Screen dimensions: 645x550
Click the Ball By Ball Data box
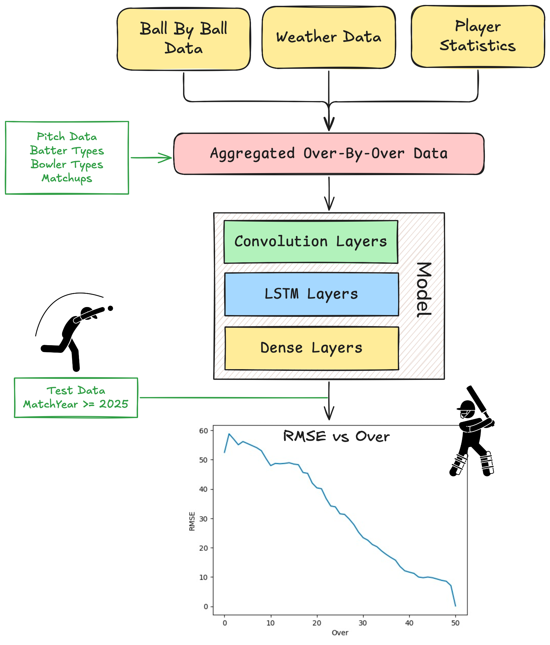tap(183, 39)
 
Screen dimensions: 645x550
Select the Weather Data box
tap(328, 37)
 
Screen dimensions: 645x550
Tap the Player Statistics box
tap(477, 36)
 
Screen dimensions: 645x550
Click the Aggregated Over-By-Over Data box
tap(328, 154)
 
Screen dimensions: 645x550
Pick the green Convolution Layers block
tap(310, 242)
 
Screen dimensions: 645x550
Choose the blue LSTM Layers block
tap(311, 294)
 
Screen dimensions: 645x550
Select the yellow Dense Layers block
tap(311, 348)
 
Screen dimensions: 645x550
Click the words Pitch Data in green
tap(67, 137)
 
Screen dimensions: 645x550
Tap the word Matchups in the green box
tap(67, 178)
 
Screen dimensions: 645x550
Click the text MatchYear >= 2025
tap(76, 404)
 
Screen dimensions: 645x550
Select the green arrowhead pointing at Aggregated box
tap(167, 157)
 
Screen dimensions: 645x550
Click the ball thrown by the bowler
tap(110, 308)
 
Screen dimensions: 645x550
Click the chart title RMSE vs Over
tap(336, 436)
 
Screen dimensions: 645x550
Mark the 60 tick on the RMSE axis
tap(203, 431)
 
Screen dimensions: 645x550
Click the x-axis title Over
tap(340, 633)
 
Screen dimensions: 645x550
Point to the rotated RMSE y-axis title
tap(192, 521)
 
